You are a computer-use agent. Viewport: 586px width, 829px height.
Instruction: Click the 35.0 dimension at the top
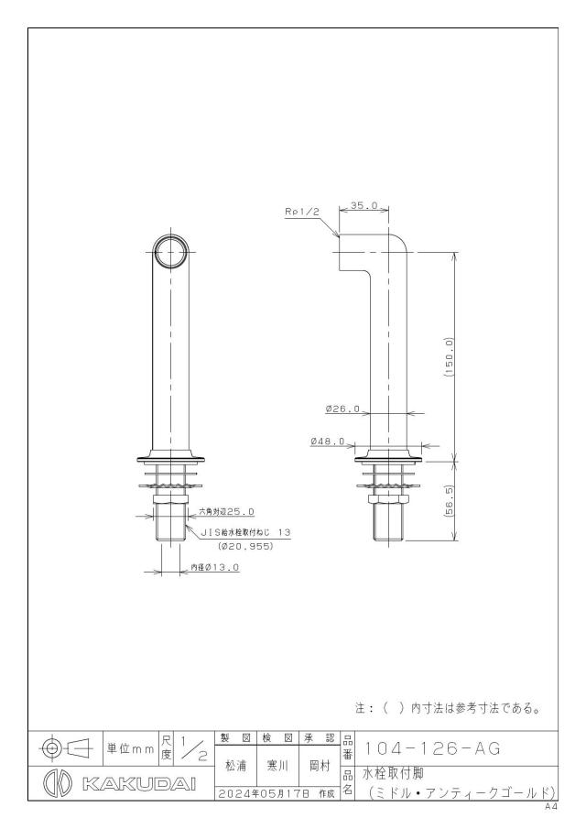(x=364, y=205)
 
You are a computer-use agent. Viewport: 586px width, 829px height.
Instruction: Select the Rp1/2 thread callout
(x=303, y=212)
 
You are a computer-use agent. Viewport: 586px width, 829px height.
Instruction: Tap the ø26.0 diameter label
(x=342, y=409)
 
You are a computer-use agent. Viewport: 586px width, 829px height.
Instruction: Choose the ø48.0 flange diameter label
(x=328, y=441)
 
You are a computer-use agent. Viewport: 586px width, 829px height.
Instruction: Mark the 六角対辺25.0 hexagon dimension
(x=227, y=511)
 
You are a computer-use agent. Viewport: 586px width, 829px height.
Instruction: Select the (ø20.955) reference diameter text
(x=245, y=547)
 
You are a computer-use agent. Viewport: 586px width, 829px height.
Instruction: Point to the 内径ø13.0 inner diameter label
(x=214, y=567)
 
